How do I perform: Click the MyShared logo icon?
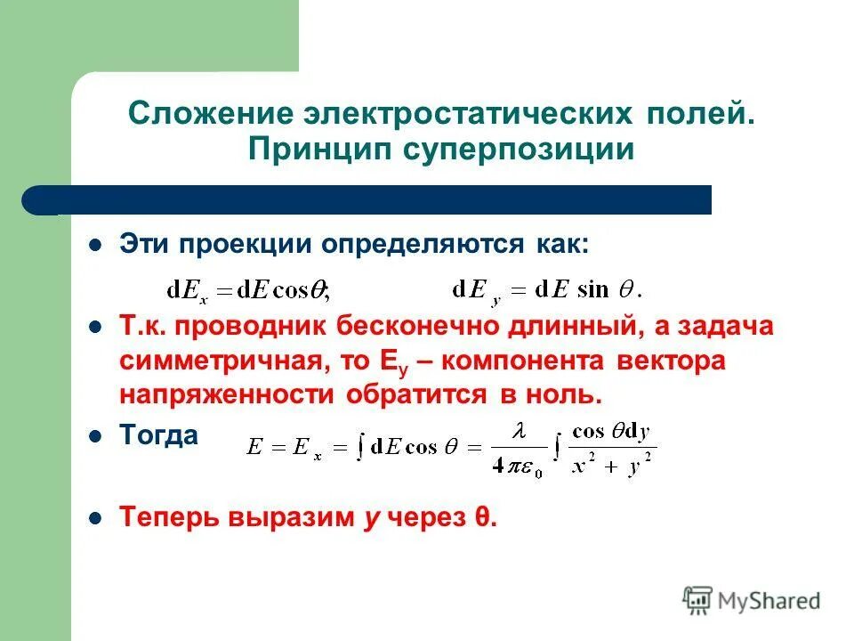[x=697, y=600]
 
